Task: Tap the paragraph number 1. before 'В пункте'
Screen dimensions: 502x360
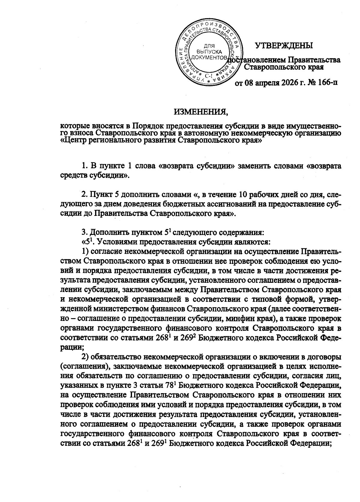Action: (85, 166)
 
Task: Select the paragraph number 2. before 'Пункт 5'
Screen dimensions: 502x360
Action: (85, 195)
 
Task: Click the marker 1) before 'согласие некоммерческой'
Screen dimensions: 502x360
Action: (85, 251)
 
